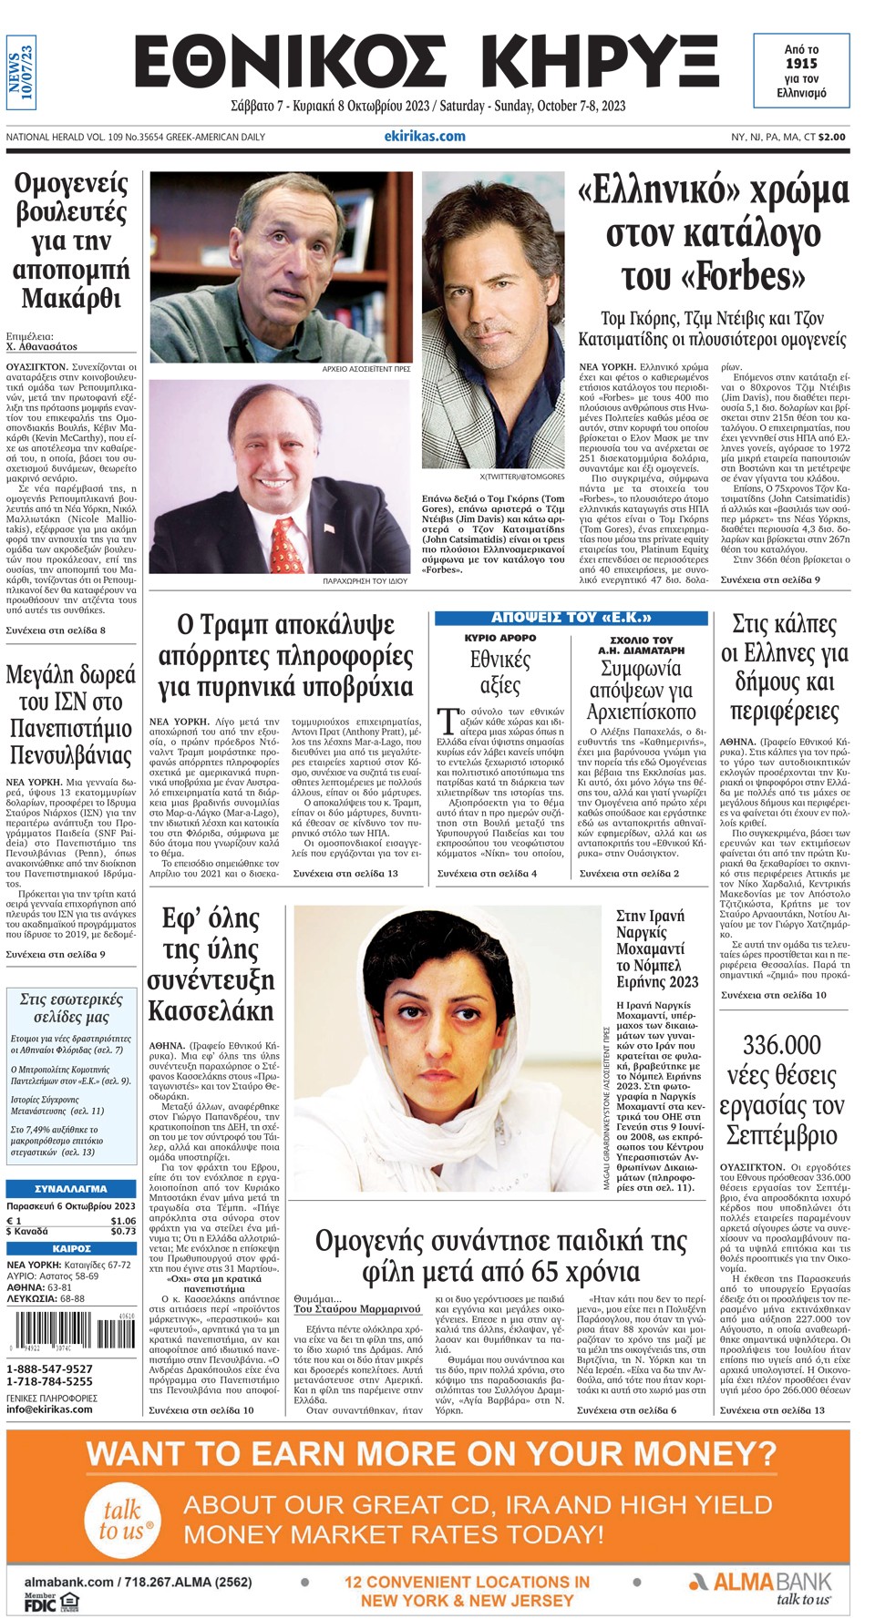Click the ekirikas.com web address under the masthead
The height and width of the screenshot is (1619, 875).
pyautogui.click(x=425, y=137)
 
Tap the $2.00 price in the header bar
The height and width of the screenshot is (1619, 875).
pyautogui.click(x=831, y=137)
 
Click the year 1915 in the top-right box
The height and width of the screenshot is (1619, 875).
pyautogui.click(x=801, y=64)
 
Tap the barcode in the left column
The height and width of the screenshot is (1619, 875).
pyautogui.click(x=67, y=1337)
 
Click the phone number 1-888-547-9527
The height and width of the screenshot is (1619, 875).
pyautogui.click(x=49, y=1368)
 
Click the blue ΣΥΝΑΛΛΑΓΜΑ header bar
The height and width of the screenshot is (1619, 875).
pyautogui.click(x=71, y=1189)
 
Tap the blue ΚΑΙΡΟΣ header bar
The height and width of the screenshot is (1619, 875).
pyautogui.click(x=71, y=1248)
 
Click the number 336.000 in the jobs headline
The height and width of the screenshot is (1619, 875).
pyautogui.click(x=781, y=1046)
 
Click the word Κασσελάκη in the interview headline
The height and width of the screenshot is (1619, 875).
pyautogui.click(x=211, y=1011)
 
